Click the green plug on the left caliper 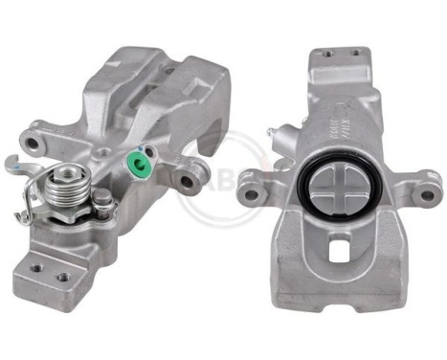[141, 167]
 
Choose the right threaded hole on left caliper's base [62, 277]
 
